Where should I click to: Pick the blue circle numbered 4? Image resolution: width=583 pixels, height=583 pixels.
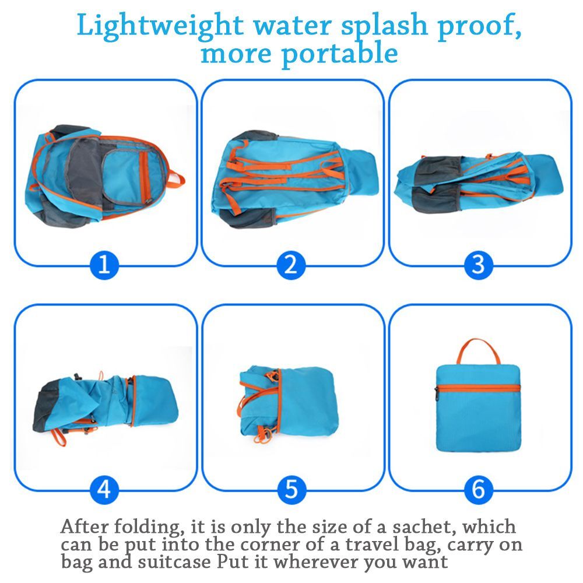coord(104,489)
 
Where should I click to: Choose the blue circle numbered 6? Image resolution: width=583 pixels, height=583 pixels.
coord(478,489)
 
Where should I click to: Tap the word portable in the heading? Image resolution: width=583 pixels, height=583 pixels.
coord(340,54)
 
